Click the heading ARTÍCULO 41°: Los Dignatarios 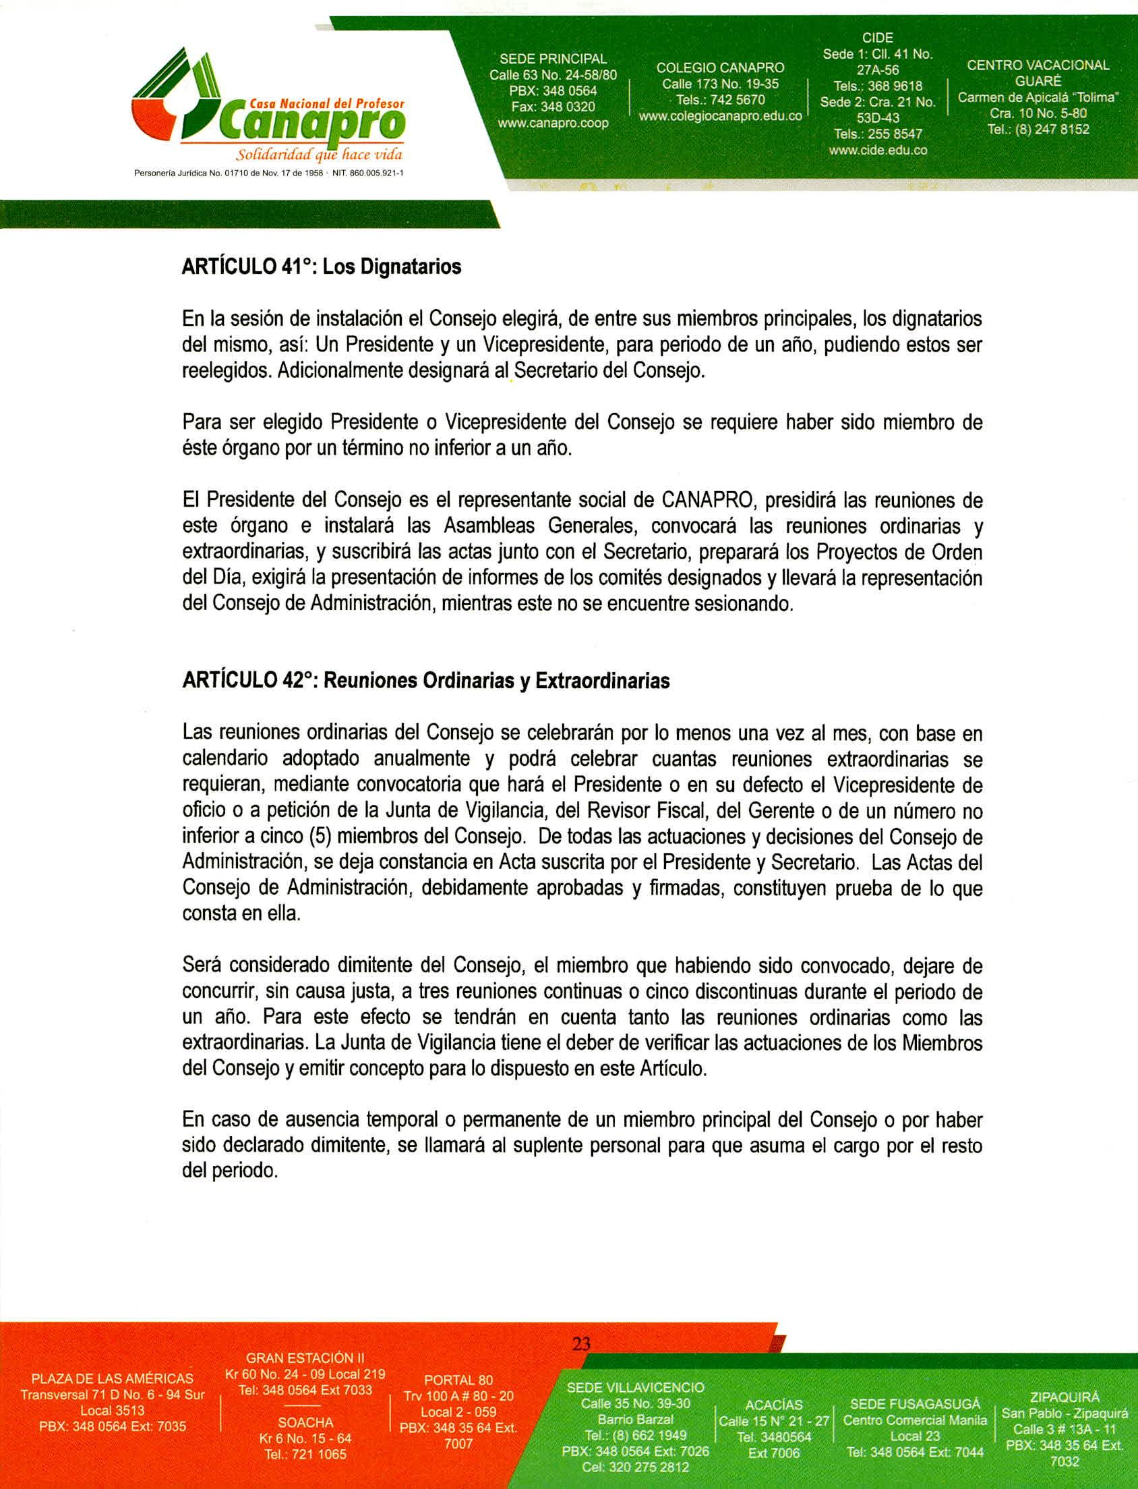coord(321,267)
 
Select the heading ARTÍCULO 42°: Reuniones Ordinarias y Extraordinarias coord(425,681)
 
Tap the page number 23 coord(581,1343)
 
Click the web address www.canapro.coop coord(553,123)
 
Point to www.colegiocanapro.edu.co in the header coord(720,116)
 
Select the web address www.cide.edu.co coord(877,150)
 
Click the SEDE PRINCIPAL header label coord(553,59)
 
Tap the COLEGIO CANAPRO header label coord(720,67)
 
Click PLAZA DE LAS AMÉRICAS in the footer coord(113,1378)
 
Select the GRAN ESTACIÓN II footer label coord(305,1357)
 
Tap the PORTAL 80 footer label coord(458,1380)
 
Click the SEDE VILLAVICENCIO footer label coord(635,1387)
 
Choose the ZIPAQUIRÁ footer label coord(1064,1397)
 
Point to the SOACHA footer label coord(305,1423)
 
